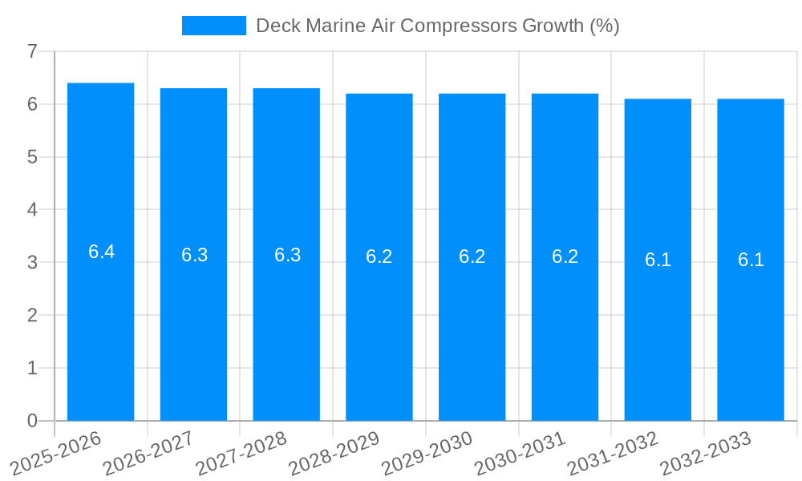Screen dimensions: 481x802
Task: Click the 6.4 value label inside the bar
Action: [x=101, y=252]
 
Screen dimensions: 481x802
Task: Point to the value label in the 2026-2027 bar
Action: [x=194, y=255]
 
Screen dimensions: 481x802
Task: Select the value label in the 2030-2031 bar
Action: [x=565, y=257]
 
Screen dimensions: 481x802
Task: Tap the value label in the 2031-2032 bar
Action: [x=658, y=260]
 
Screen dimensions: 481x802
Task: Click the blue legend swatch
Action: [x=213, y=26]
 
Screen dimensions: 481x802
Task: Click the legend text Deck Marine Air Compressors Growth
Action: [x=437, y=26]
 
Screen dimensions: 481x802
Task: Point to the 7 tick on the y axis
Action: [x=32, y=51]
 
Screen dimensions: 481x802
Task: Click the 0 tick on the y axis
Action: [x=32, y=421]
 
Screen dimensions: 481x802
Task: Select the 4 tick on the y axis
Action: [x=32, y=210]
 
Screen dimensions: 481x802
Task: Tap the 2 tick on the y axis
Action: [x=32, y=315]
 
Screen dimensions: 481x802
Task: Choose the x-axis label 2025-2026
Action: [x=56, y=453]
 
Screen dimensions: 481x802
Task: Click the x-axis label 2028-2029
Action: [x=335, y=453]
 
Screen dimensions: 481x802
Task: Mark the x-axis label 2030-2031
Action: [x=521, y=453]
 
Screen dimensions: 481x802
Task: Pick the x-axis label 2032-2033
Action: [x=707, y=453]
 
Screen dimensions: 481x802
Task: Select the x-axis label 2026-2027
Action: [x=149, y=453]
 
